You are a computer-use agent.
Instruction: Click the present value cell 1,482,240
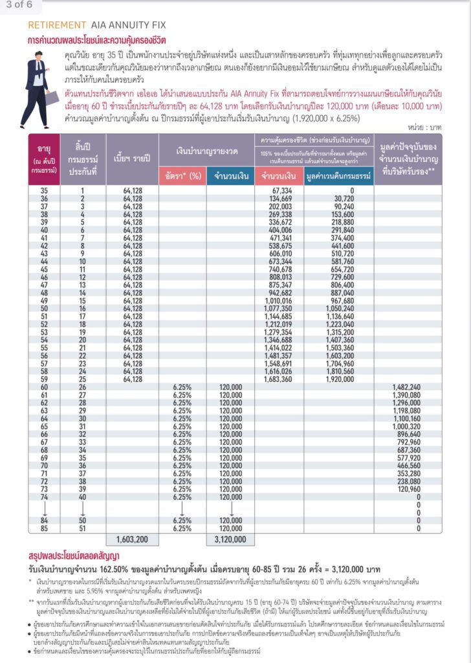click(x=406, y=387)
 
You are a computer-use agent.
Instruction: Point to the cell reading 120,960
click(x=406, y=490)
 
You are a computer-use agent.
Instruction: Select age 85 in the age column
click(x=44, y=528)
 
